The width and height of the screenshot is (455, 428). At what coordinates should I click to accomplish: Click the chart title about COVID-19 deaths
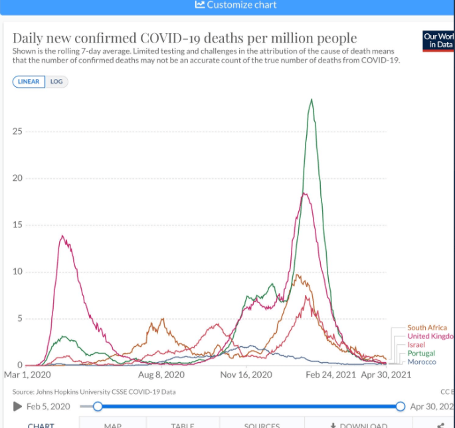(x=185, y=38)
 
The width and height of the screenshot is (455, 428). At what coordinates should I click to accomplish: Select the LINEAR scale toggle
(x=29, y=82)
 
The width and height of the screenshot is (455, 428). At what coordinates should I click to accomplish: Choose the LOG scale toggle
(x=56, y=82)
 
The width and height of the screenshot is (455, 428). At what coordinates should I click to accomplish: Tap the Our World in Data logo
(x=438, y=40)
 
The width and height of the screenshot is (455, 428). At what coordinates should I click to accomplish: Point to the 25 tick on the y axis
(x=17, y=132)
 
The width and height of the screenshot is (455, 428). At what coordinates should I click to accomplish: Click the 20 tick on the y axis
(x=17, y=178)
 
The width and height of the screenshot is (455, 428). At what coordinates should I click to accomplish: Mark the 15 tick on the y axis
(x=17, y=225)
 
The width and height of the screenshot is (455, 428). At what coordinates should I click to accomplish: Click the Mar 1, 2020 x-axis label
(x=27, y=375)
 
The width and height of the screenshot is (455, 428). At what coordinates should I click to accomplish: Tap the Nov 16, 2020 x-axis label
(x=246, y=375)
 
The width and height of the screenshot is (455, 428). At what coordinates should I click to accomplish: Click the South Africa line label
(x=426, y=328)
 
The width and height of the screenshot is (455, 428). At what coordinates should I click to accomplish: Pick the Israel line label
(x=416, y=345)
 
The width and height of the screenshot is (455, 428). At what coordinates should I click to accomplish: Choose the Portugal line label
(x=421, y=354)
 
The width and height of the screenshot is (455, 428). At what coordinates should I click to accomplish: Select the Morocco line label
(x=422, y=362)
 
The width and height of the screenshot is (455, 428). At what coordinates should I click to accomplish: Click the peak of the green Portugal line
(x=311, y=100)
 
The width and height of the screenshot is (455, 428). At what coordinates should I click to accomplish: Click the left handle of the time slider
(x=98, y=406)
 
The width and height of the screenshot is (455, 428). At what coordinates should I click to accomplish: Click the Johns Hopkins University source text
(x=80, y=392)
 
